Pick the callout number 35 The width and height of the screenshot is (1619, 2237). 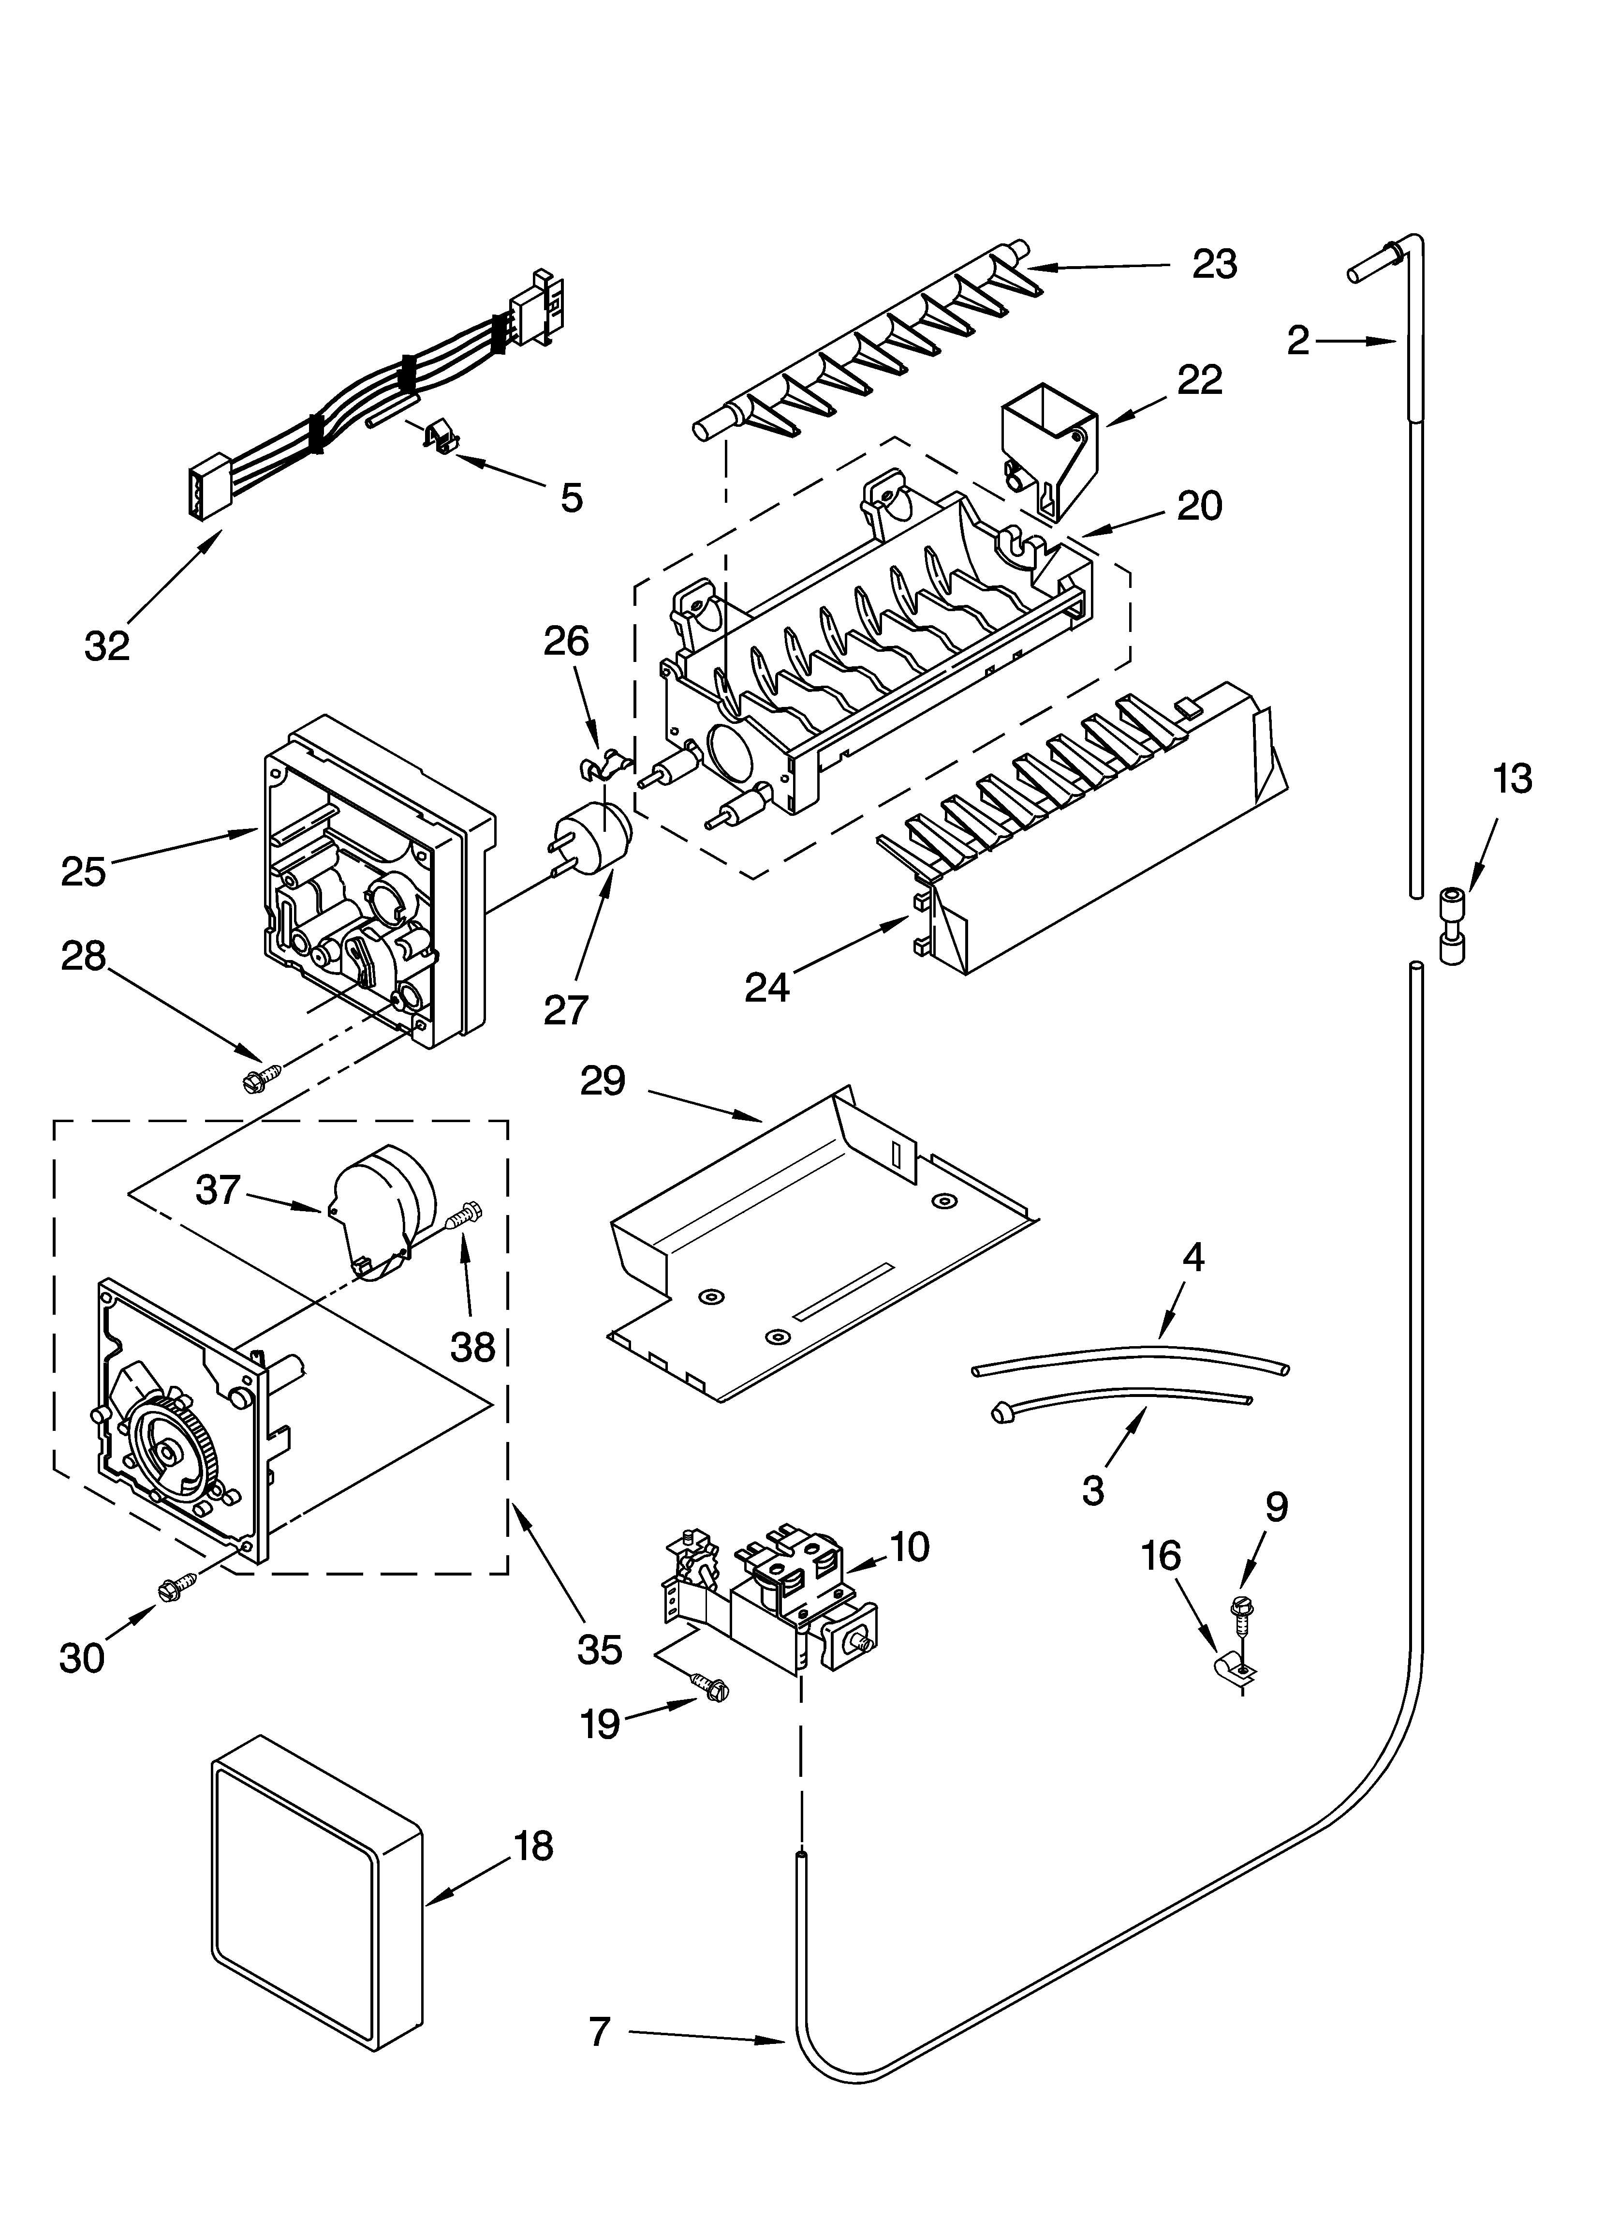pyautogui.click(x=600, y=1648)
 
